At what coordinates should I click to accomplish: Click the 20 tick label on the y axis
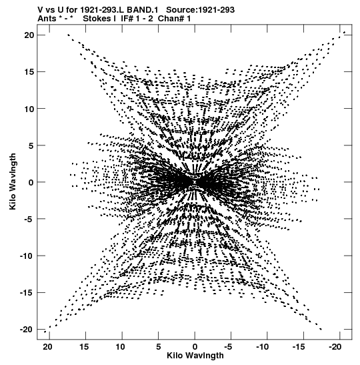click(x=29, y=35)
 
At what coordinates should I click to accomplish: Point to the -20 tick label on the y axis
click(x=27, y=330)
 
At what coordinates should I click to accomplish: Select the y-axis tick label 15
click(x=29, y=72)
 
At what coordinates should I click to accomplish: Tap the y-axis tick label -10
click(x=27, y=256)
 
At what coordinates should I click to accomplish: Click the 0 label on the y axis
click(x=31, y=182)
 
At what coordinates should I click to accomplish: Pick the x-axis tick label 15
click(x=84, y=347)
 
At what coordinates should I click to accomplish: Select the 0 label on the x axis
click(x=195, y=347)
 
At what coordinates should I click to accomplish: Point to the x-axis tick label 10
click(x=120, y=347)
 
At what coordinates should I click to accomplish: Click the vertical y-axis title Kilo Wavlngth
click(x=13, y=181)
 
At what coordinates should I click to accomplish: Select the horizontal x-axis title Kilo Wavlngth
click(x=195, y=356)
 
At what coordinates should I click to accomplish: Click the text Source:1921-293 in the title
click(x=201, y=10)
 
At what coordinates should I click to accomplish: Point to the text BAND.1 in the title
click(x=142, y=10)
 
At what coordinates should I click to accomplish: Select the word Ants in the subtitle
click(x=47, y=19)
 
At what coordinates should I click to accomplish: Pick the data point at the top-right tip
click(x=345, y=32)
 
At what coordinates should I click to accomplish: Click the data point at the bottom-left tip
click(x=45, y=332)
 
